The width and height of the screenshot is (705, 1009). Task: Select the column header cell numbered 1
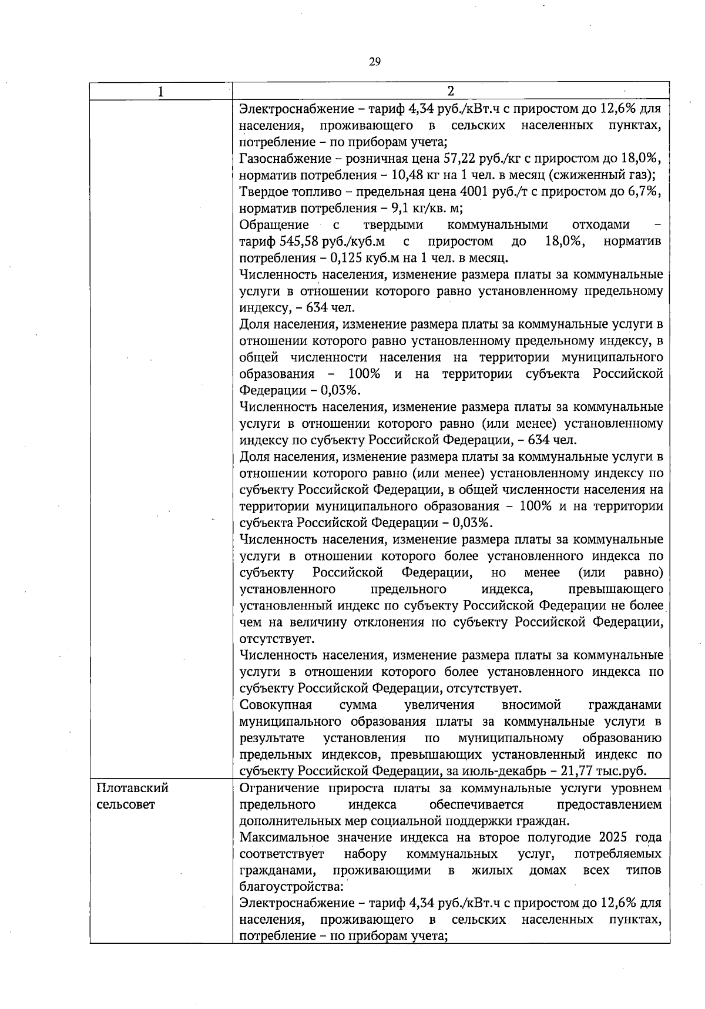(161, 91)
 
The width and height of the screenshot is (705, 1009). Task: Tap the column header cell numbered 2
(451, 91)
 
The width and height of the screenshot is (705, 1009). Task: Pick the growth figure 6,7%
(640, 192)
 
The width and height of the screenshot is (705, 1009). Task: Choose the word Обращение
(274, 225)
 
